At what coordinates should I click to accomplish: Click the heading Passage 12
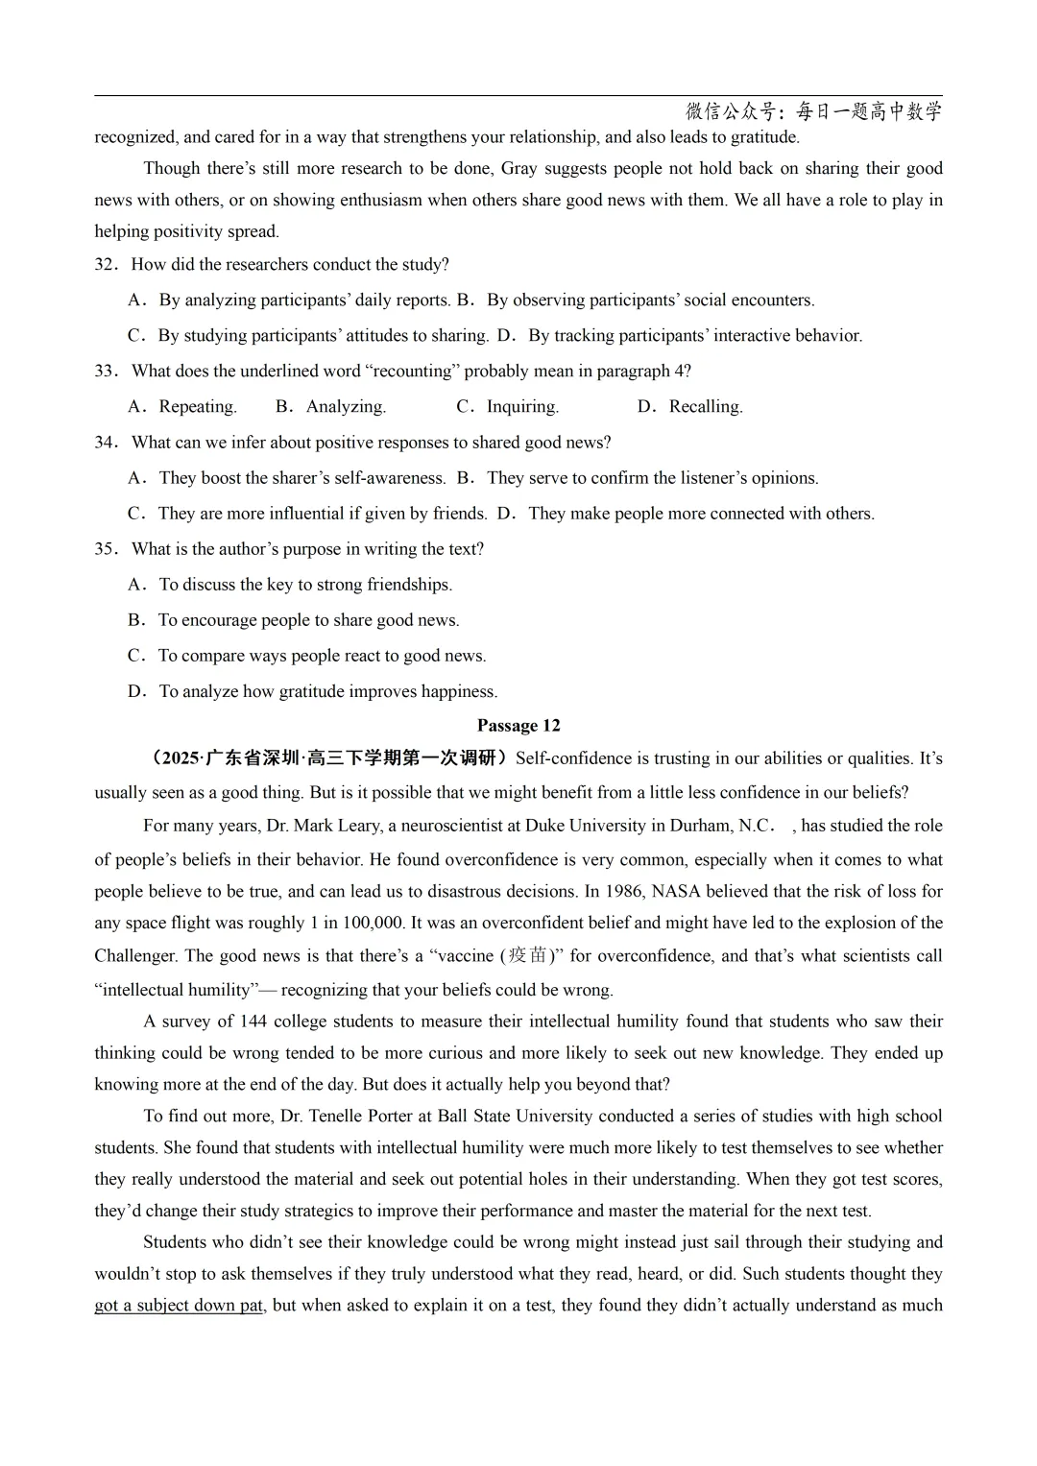pos(518,726)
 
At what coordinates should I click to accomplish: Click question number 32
pos(106,265)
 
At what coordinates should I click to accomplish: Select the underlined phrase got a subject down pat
pos(179,1306)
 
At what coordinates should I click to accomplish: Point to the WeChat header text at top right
pos(812,112)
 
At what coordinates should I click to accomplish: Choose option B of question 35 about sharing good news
pos(307,620)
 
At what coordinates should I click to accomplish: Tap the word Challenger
pos(135,956)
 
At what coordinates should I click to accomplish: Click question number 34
pos(106,443)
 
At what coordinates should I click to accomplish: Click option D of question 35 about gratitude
pos(326,691)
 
